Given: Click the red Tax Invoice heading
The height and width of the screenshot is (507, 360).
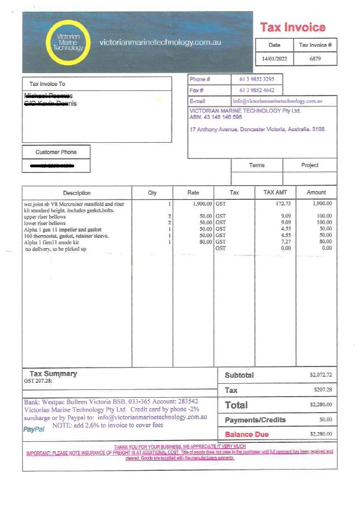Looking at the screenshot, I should point(292,27).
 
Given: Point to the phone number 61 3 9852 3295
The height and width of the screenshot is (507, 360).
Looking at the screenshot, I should point(257,80).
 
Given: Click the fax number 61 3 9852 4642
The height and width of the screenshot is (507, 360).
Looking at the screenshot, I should point(257,90).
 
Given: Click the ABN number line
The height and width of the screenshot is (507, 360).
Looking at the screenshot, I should point(215,117).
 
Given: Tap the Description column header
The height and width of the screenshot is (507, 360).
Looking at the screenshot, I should point(76,193).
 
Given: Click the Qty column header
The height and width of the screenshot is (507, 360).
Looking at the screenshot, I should point(152,193).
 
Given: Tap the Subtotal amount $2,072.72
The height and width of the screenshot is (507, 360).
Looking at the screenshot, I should point(320,375).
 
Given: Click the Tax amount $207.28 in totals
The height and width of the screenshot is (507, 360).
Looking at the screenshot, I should point(322,390).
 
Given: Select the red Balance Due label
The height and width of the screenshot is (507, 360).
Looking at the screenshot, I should point(247,434).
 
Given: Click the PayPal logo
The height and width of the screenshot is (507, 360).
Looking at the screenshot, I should point(33,429).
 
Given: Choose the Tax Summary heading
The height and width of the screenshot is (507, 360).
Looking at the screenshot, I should point(53,374).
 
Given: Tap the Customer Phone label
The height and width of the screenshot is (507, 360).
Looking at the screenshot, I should point(56,152).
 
